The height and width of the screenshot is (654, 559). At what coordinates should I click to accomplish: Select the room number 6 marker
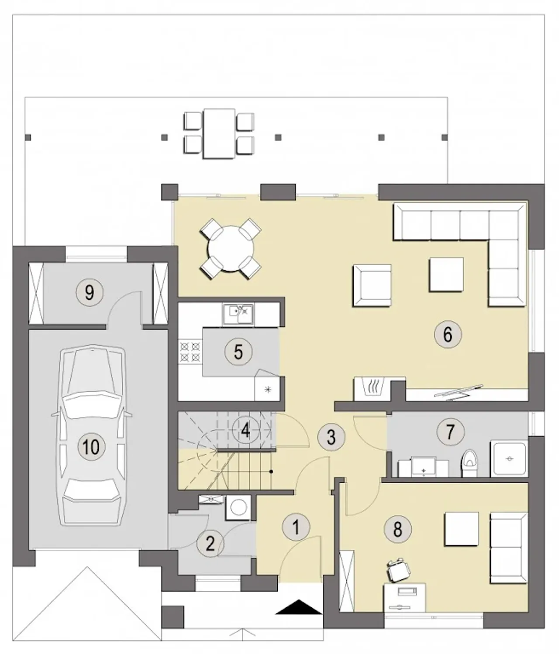click(448, 334)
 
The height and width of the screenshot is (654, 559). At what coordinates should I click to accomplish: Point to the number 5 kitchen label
click(238, 352)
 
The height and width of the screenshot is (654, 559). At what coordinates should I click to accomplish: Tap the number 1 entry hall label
click(296, 527)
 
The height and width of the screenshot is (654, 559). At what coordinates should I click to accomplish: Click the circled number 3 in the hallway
click(331, 437)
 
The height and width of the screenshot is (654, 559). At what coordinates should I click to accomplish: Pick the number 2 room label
click(210, 544)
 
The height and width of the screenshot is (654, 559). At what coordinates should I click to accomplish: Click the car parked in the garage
click(92, 435)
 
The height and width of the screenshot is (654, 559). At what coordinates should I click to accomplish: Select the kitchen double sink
click(238, 315)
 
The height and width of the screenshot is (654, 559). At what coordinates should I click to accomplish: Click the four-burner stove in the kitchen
click(190, 352)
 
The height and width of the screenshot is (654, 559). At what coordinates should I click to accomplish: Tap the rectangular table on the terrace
click(219, 133)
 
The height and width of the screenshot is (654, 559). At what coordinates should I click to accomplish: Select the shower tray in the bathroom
click(509, 459)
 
